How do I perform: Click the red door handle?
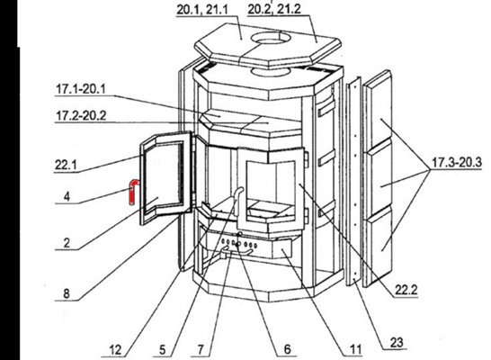pos(132,192)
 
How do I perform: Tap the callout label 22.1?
pos(66,165)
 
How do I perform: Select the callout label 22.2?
pos(406,290)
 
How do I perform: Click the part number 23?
pos(397,342)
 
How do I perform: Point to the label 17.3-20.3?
pos(457,163)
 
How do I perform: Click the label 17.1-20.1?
pos(81,89)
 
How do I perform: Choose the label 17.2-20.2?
pos(81,115)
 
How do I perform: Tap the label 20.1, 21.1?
pos(202,9)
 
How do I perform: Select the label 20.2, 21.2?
pos(274,9)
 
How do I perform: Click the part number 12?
pos(115,350)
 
